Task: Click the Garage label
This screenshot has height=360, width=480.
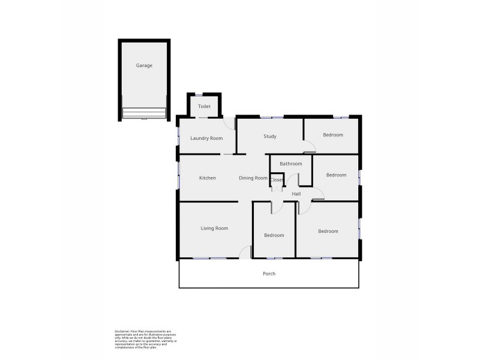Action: click(x=144, y=65)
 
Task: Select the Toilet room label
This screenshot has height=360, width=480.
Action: click(x=205, y=106)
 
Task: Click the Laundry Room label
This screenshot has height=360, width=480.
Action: click(x=206, y=138)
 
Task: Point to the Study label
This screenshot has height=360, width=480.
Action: click(x=270, y=136)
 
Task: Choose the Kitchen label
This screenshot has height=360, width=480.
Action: click(x=208, y=178)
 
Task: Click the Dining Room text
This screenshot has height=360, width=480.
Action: click(x=253, y=178)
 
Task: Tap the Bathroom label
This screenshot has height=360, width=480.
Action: click(x=290, y=163)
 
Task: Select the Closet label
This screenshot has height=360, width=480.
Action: click(x=277, y=180)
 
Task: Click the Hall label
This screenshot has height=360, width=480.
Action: click(x=296, y=194)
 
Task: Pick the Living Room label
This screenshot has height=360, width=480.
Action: click(x=214, y=228)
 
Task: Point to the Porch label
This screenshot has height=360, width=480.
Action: click(x=269, y=274)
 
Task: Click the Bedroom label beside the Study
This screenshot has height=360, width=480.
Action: click(x=333, y=135)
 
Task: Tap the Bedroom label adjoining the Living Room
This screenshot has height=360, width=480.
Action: click(x=274, y=235)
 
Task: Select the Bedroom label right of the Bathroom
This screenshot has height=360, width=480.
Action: click(x=336, y=175)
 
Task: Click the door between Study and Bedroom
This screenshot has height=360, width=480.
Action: click(x=308, y=146)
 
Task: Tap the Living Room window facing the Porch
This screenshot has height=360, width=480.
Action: click(x=210, y=258)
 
